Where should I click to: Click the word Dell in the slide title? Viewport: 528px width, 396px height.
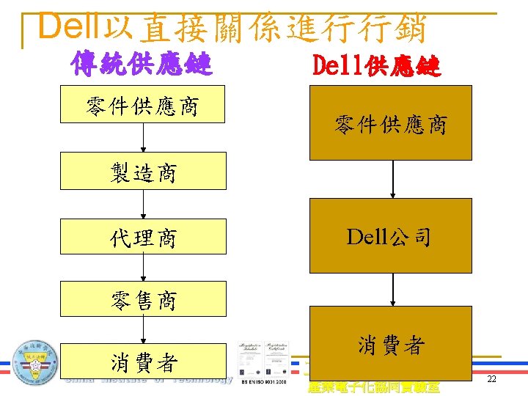(70, 27)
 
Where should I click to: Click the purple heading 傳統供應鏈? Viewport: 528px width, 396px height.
(142, 65)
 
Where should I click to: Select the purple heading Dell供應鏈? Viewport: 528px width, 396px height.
(376, 67)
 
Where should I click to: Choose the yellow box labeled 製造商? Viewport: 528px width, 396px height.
(143, 172)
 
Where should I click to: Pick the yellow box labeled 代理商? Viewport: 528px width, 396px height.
(143, 237)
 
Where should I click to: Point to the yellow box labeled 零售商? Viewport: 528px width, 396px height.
(143, 300)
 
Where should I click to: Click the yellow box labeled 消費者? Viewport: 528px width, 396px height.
(143, 362)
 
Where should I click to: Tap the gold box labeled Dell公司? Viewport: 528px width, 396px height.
(390, 237)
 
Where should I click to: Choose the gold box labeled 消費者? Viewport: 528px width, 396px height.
(390, 344)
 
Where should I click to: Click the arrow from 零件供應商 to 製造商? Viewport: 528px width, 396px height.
(143, 138)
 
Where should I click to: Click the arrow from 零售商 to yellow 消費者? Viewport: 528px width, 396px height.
(143, 331)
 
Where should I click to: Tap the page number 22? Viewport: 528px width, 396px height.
(491, 379)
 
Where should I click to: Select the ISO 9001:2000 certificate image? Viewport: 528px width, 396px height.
(263, 362)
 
